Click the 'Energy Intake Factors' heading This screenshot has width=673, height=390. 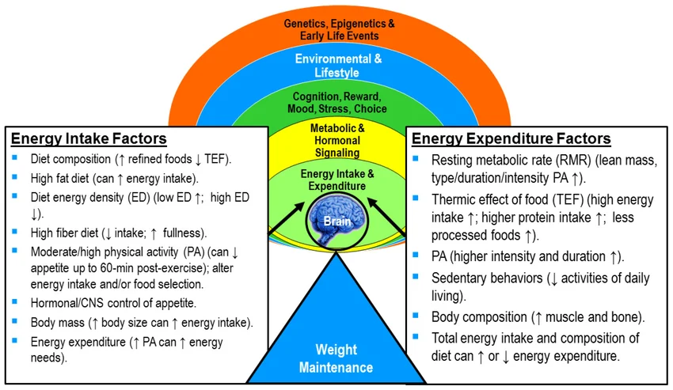89,139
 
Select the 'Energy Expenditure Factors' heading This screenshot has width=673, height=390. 511,139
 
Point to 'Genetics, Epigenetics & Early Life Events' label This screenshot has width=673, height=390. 339,30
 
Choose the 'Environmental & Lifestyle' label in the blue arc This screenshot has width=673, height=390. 338,66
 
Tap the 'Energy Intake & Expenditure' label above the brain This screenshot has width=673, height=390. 338,179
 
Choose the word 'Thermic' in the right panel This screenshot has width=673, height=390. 454,199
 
